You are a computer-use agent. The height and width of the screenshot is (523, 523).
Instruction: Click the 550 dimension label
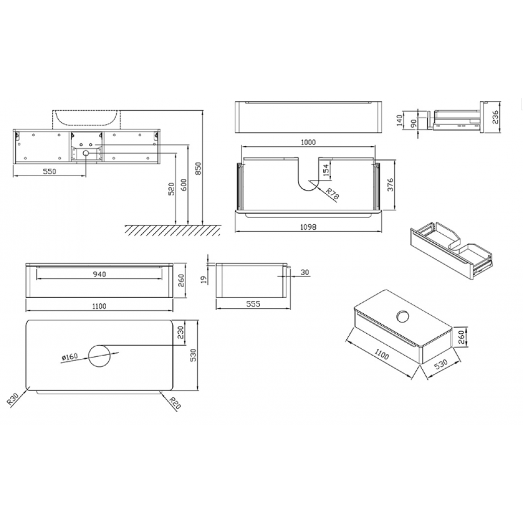[x=49, y=172]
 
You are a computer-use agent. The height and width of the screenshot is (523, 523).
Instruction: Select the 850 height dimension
[x=198, y=168]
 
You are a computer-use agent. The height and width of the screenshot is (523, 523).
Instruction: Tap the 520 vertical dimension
[x=171, y=189]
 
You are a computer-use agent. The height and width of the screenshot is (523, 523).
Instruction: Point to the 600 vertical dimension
[x=184, y=185]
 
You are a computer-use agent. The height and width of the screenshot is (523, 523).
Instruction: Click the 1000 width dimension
[x=308, y=142]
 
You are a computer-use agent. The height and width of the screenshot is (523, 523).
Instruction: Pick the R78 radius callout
[x=332, y=194]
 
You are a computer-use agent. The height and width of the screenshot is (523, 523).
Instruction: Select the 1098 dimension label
[x=308, y=227]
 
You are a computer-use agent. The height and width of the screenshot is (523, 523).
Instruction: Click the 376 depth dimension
[x=390, y=185]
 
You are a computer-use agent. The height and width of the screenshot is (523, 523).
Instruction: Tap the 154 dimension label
[x=326, y=169]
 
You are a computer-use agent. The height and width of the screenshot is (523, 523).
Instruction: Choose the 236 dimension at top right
[x=495, y=117]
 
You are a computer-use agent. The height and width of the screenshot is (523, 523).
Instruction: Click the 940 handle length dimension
[x=99, y=274]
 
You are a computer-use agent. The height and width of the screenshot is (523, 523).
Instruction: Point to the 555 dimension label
[x=253, y=304]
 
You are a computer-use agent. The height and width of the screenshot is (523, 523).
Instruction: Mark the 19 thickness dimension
[x=204, y=279]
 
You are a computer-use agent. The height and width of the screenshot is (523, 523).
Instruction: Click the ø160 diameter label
[x=70, y=357]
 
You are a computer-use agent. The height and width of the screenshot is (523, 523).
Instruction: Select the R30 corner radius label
[x=13, y=400]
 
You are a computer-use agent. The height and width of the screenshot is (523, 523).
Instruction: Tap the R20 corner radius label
[x=175, y=403]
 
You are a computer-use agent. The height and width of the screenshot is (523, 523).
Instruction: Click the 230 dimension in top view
[x=180, y=333]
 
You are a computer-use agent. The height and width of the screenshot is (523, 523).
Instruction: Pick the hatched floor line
[x=173, y=230]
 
